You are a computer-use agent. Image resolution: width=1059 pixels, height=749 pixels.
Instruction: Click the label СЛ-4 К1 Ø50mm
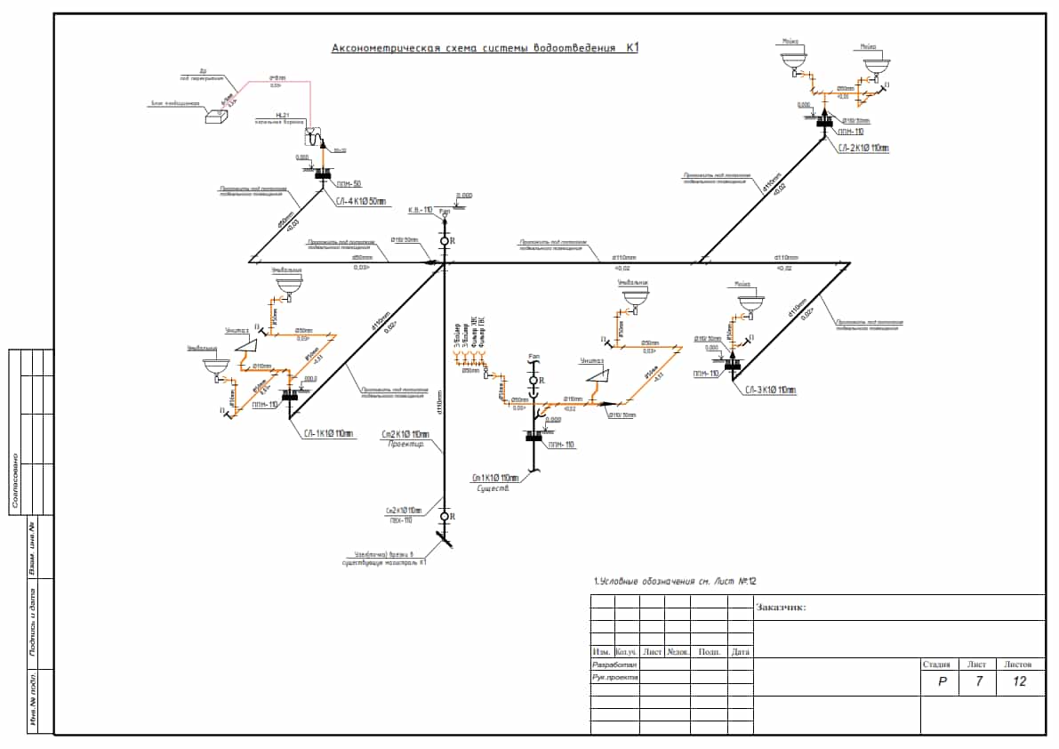pos(361,202)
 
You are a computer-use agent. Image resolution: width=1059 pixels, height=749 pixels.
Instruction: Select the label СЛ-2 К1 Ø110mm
pos(862,149)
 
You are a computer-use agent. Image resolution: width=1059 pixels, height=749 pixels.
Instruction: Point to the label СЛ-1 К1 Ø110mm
pos(328,434)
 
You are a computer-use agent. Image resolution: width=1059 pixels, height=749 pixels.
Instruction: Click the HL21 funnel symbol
pos(313,135)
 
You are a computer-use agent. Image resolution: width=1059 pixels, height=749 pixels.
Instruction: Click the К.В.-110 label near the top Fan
pos(420,211)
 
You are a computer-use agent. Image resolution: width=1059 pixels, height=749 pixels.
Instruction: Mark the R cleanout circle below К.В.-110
pos(445,241)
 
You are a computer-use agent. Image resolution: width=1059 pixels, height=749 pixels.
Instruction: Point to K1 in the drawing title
pos(631,48)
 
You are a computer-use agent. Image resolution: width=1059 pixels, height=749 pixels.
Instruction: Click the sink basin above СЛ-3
pos(750,302)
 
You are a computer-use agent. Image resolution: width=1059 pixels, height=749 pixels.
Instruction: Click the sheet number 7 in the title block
pos(977,681)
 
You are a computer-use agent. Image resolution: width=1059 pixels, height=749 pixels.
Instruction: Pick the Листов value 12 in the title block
pos(1019,681)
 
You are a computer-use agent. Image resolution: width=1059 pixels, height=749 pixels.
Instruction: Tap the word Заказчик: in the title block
pos(781,608)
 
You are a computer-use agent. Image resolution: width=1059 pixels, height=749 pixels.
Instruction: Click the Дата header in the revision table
pos(740,651)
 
